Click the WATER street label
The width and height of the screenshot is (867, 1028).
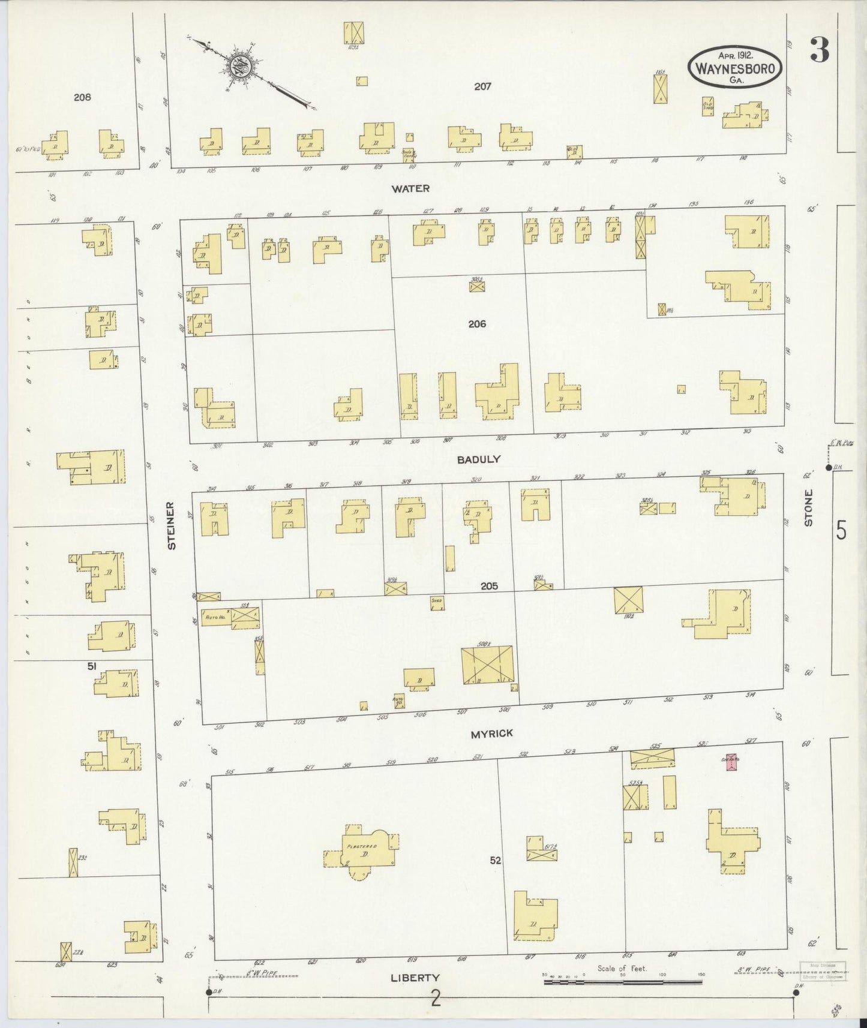click(410, 188)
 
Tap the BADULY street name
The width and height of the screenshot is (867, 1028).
click(478, 459)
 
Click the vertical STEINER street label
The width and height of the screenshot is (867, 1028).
click(172, 525)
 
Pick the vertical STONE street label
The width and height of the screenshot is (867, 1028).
click(808, 508)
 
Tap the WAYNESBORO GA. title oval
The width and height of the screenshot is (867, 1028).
click(736, 67)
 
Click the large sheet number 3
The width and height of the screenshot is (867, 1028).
click(820, 50)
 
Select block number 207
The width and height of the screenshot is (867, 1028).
click(482, 86)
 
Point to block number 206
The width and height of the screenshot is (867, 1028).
click(477, 324)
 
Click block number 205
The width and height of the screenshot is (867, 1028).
click(489, 587)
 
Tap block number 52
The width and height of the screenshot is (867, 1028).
click(495, 860)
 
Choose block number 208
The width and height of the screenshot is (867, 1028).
click(82, 97)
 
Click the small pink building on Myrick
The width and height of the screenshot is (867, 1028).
click(731, 762)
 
